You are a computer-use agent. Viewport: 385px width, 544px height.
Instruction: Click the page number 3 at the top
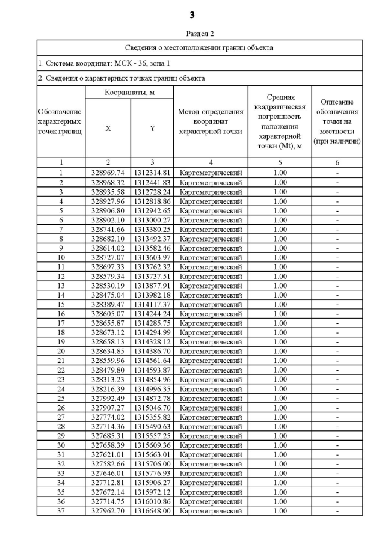192,14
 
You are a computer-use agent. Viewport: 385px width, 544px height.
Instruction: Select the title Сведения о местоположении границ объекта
199,47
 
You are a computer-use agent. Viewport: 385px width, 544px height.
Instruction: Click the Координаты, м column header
129,93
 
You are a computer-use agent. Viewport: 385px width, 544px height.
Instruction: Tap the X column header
108,128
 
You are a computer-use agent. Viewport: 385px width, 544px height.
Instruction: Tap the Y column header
152,128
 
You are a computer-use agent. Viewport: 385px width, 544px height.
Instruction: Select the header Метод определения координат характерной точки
211,121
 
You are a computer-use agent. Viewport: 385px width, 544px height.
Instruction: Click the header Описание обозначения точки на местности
337,121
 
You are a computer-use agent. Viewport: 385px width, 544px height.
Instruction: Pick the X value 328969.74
108,173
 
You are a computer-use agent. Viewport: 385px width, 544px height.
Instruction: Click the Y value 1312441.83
152,183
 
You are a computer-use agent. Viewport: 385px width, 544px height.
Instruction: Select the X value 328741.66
108,230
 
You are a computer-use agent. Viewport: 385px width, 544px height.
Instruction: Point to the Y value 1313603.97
152,258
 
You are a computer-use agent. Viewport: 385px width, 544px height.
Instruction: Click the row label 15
61,305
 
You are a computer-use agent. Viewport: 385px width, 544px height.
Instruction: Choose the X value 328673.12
108,332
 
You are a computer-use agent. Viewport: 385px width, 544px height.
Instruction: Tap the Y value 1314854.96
152,379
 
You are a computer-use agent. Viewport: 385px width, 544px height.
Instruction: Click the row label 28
61,426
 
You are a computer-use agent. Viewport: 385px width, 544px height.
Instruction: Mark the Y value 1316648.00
152,511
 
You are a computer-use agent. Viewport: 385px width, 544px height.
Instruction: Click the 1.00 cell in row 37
280,511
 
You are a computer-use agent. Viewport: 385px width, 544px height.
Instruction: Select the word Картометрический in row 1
211,173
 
